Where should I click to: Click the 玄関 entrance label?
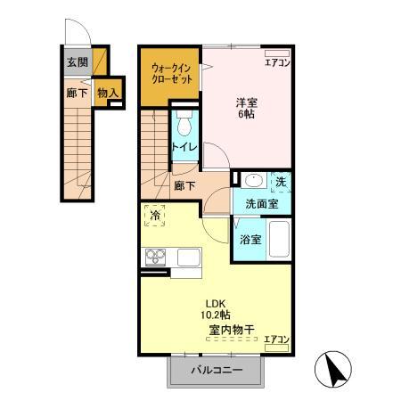coord(76,62)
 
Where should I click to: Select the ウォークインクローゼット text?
coord(169,73)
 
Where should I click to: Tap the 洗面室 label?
coord(261,204)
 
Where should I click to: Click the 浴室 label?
coord(250,239)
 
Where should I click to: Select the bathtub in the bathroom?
coord(279,238)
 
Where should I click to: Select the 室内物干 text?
coord(232,330)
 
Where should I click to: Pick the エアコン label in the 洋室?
coord(277,62)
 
